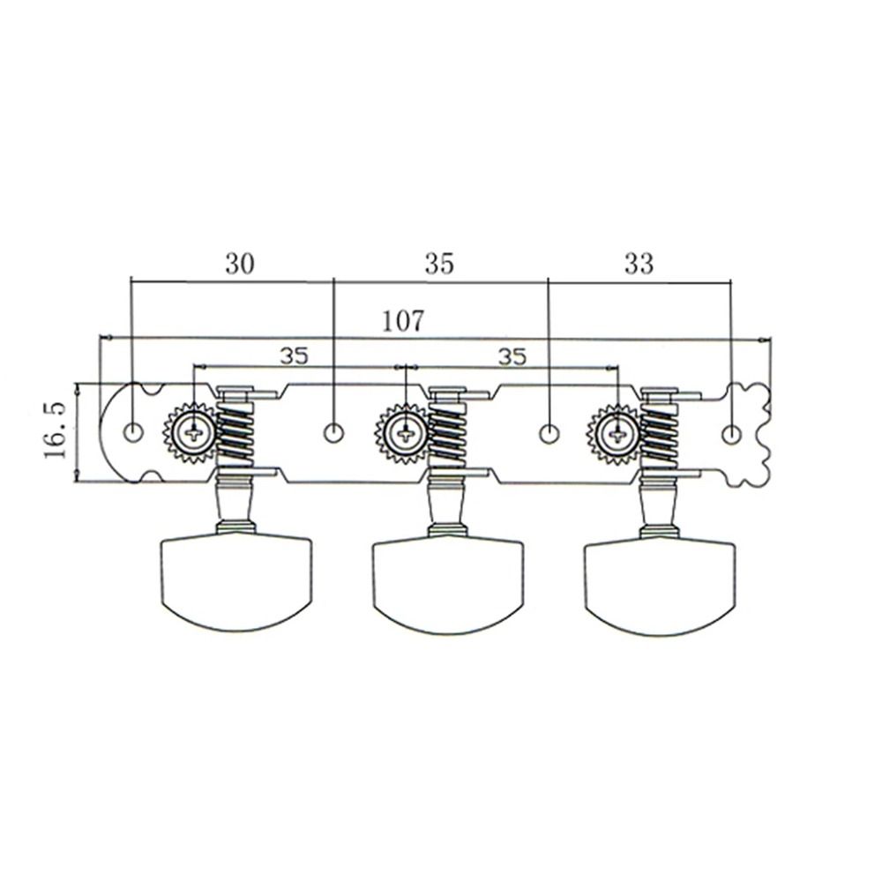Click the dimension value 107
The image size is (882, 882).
[x=403, y=321]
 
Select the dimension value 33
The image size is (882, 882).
[x=639, y=263]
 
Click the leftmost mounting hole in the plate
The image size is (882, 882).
[x=133, y=432]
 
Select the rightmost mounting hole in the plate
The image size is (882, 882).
[x=731, y=434]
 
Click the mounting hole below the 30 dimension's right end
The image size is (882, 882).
[x=334, y=432]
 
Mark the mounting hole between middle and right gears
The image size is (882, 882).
[x=549, y=433]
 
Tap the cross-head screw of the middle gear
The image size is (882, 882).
[x=405, y=433]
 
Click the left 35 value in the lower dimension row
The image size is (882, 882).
[x=295, y=355]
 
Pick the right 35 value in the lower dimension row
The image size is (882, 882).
[x=512, y=355]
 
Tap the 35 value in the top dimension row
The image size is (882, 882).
[x=438, y=263]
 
